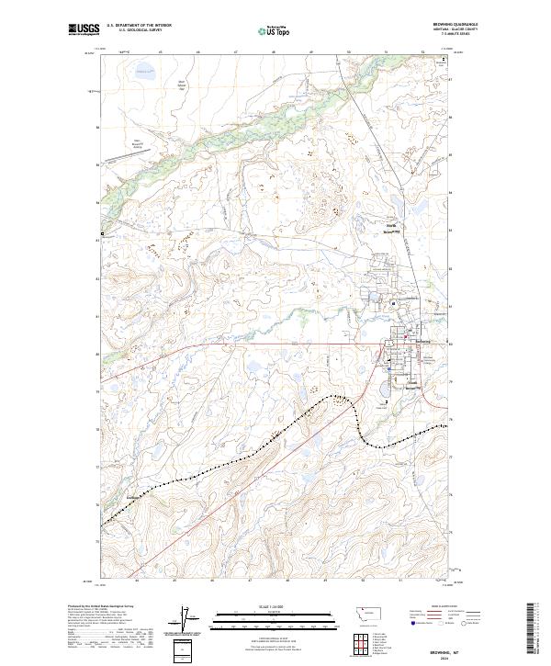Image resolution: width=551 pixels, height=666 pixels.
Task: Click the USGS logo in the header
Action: (x=84, y=30)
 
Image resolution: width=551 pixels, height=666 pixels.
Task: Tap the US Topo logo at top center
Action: (x=275, y=30)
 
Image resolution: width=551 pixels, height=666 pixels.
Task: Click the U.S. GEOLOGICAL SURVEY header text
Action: (x=139, y=30)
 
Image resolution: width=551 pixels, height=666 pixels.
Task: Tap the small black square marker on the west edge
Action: (x=102, y=236)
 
